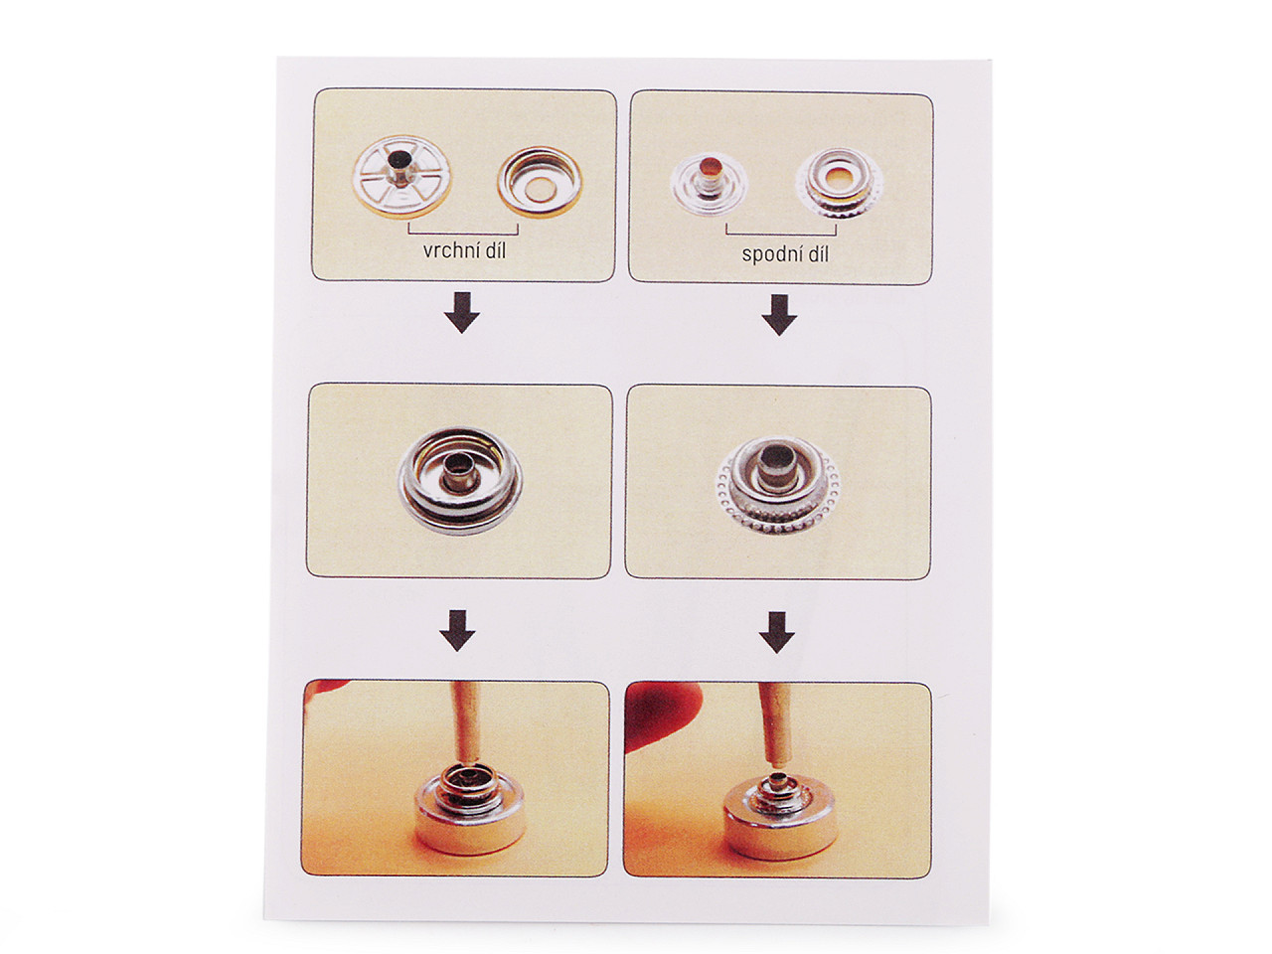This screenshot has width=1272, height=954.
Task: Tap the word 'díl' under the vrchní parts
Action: coord(493,250)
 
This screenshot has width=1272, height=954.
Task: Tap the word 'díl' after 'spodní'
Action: coord(817,253)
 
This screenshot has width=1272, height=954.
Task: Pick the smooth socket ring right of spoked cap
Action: coord(540,182)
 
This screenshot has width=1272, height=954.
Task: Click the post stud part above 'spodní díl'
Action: coord(710,185)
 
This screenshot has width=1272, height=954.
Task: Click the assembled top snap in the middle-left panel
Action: coord(460,481)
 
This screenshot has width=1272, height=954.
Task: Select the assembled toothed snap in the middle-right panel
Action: coord(778,486)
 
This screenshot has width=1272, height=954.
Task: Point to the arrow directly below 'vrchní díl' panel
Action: coord(462,312)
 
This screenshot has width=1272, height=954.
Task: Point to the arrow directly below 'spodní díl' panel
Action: coord(779,315)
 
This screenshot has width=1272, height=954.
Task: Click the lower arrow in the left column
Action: coord(457,630)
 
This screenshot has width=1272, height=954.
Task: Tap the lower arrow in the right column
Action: coord(776,633)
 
